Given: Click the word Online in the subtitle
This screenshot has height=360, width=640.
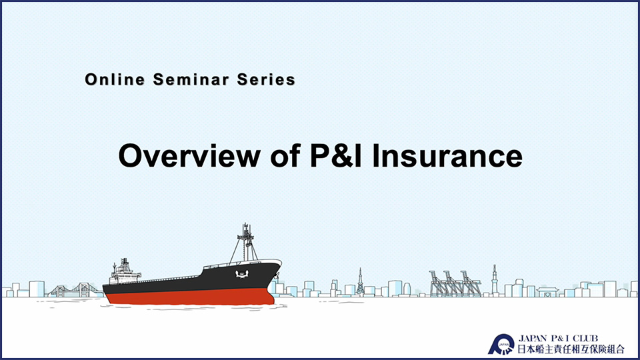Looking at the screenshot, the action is coord(115,79).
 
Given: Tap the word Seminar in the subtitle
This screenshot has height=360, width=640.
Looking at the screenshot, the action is coord(191,79).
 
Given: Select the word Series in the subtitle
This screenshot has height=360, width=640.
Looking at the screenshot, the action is coord(266,79).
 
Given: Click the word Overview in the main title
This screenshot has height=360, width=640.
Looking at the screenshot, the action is coord(189,155).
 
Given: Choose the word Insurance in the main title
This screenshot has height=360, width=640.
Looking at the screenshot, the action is coord(447,155).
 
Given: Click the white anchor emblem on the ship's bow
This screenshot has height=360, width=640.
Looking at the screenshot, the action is coord(242,274).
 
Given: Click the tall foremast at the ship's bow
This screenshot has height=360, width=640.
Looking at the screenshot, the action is coord(245,243).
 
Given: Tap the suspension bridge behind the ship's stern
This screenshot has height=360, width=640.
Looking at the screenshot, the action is coord(75,290).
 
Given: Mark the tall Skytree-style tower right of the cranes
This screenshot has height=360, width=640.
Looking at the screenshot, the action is coord(494,280).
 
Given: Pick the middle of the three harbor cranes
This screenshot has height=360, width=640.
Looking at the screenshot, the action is coord(454,283).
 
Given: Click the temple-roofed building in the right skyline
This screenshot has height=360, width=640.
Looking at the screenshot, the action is coord(547,291).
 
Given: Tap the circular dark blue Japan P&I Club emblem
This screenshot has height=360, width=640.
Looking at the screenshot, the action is coord(501,345).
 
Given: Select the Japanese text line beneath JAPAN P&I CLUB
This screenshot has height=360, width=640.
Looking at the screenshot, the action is coord(571,349).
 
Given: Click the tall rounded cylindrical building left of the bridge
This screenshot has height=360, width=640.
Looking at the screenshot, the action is coord(36,289).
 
